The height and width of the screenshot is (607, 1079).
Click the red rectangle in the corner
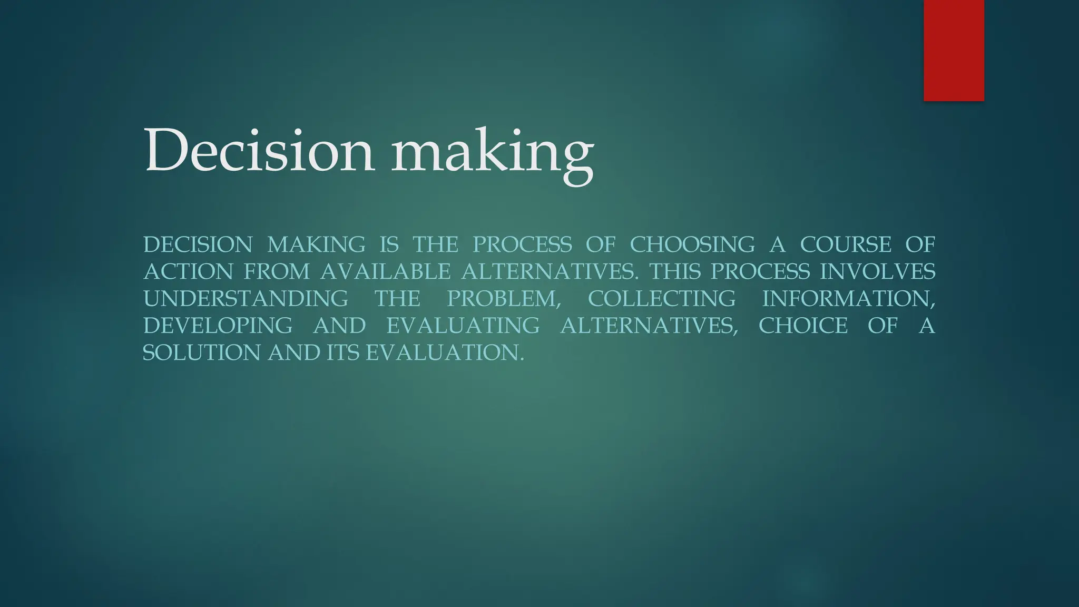click(x=954, y=50)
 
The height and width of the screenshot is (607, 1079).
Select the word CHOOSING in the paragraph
click(x=692, y=244)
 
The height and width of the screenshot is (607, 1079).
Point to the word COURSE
click(x=846, y=244)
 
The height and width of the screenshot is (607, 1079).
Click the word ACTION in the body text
click(x=188, y=272)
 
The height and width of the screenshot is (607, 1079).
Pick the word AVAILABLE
click(x=385, y=272)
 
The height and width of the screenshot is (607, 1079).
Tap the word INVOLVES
click(x=878, y=272)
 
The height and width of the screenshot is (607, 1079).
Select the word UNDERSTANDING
click(x=246, y=299)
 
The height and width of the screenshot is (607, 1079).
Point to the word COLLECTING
click(x=662, y=299)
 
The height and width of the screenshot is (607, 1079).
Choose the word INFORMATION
click(x=848, y=299)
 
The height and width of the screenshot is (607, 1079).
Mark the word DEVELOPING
click(x=218, y=326)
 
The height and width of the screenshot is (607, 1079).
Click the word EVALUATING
click(x=463, y=326)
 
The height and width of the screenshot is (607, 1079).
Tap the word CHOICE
click(x=803, y=326)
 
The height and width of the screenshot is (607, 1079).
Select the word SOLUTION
click(x=202, y=353)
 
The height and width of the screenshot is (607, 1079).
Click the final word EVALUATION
click(x=445, y=353)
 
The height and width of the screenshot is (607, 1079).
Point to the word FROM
click(x=277, y=272)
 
